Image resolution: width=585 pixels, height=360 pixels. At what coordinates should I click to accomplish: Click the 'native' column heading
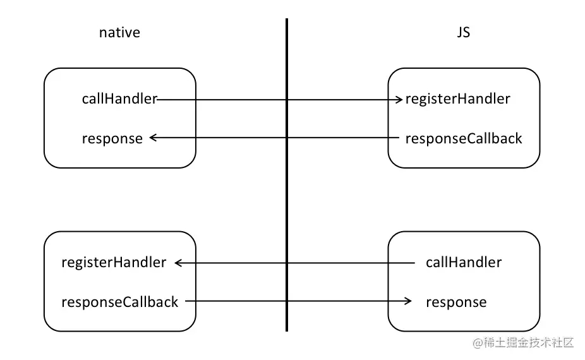click(119, 33)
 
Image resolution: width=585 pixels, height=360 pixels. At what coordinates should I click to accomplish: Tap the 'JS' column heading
click(464, 32)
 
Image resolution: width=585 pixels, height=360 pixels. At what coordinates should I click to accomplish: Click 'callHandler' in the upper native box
click(119, 99)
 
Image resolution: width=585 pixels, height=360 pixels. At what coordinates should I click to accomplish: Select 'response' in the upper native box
click(112, 139)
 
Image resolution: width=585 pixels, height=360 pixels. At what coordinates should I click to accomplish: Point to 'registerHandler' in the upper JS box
click(458, 99)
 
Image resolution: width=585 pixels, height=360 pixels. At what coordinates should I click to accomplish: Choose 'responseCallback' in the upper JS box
click(464, 138)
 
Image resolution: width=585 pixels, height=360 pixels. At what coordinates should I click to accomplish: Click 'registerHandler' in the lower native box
click(114, 262)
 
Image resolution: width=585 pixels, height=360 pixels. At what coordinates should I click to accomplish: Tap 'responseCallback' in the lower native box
click(120, 302)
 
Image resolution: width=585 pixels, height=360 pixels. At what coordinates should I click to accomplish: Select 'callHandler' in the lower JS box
click(464, 262)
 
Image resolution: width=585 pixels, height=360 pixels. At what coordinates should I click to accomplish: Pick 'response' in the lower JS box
click(456, 302)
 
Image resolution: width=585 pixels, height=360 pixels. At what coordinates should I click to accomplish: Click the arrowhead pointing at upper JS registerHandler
click(399, 100)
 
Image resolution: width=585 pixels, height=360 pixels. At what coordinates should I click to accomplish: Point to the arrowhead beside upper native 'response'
click(153, 138)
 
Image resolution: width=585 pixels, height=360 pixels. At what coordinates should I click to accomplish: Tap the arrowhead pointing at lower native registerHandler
click(178, 263)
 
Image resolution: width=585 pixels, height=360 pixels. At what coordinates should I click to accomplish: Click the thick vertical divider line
click(287, 174)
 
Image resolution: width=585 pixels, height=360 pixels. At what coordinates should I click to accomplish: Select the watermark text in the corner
click(523, 342)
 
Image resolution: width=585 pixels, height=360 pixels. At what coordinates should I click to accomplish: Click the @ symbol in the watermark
click(478, 343)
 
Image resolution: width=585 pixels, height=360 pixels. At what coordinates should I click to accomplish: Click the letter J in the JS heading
click(460, 33)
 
